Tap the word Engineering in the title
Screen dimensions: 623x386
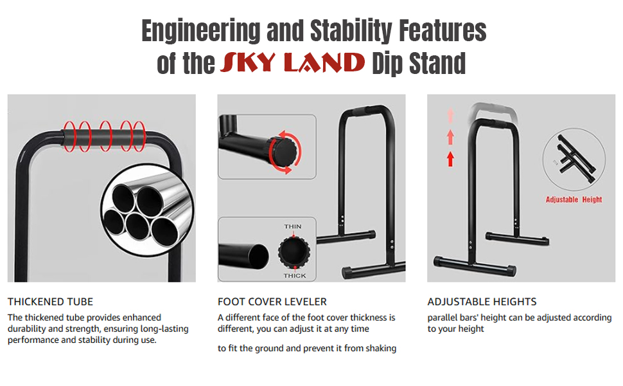coord(201,31)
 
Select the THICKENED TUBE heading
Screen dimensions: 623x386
coord(50,302)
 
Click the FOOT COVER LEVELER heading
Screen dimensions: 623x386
coord(272,302)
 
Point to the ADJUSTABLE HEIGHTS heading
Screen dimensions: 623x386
coord(482,302)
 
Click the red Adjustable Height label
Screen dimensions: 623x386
coord(574,199)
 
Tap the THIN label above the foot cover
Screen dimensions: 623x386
coord(293,226)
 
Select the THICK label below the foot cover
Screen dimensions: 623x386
coord(295,276)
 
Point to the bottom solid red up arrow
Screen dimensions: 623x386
coord(450,158)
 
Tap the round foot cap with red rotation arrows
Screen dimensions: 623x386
coord(284,152)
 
